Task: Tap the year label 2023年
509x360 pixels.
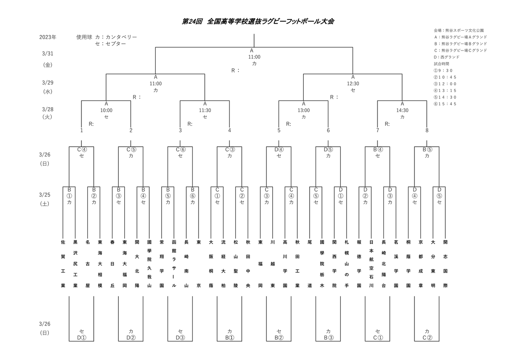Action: click(48, 37)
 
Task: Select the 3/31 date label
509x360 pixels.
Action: click(47, 53)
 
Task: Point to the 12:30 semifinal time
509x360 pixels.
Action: click(353, 84)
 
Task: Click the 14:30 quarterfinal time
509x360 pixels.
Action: click(402, 110)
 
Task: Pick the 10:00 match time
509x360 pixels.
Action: click(106, 110)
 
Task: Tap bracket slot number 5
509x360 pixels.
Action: click(279, 130)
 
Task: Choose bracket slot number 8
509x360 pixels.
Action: click(427, 130)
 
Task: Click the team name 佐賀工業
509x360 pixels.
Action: click(63, 264)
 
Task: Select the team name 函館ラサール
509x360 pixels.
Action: click(174, 264)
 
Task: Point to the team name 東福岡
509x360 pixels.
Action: click(260, 264)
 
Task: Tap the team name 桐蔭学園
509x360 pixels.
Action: click(408, 264)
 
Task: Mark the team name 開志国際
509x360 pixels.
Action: click(445, 264)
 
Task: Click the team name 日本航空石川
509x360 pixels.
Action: click(371, 264)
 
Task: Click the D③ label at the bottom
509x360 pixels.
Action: click(180, 338)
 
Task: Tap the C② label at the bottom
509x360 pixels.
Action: click(427, 338)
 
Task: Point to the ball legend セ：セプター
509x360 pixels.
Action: click(111, 44)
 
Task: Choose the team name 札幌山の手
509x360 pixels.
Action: click(347, 264)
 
